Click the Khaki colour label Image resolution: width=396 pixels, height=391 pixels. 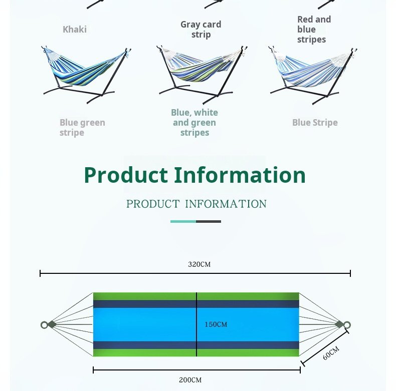(x=75, y=29)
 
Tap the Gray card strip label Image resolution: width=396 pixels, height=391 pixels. (x=201, y=29)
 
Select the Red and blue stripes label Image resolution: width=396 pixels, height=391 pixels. (x=314, y=29)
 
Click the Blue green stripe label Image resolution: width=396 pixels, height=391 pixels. (x=82, y=127)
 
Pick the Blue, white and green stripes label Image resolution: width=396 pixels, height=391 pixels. (x=194, y=122)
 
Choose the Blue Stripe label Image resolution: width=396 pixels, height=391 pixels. (x=315, y=122)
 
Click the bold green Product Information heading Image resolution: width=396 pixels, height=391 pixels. (x=194, y=175)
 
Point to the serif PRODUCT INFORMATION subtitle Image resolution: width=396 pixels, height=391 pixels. (x=196, y=204)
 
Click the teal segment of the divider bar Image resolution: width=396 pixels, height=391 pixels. (x=183, y=221)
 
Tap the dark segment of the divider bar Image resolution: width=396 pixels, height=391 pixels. (x=209, y=221)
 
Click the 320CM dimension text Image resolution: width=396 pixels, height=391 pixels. (x=200, y=264)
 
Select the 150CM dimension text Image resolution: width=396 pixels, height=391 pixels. (x=216, y=324)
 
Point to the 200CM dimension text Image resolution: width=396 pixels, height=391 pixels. (x=190, y=380)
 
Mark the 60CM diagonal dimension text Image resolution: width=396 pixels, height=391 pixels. (x=331, y=353)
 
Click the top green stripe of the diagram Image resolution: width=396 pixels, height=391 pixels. (x=196, y=296)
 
